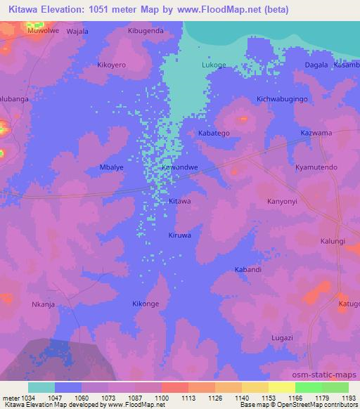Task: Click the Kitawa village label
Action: (180, 201)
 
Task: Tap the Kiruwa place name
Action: (180, 235)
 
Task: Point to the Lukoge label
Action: (214, 65)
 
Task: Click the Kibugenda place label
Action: (146, 31)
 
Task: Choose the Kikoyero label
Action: (110, 65)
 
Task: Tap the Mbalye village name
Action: (112, 168)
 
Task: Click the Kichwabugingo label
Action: (283, 99)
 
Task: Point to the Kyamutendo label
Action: (316, 168)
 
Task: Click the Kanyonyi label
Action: (283, 201)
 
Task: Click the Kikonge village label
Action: (146, 304)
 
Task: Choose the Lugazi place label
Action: (281, 338)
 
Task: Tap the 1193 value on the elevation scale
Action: (347, 397)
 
